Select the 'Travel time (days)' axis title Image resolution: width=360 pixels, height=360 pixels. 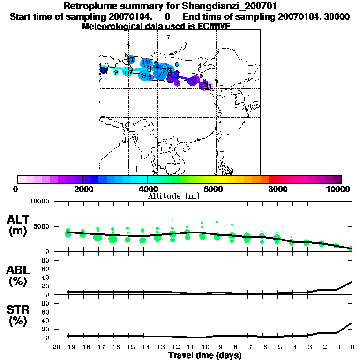(x=205, y=355)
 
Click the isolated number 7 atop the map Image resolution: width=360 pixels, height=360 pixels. (x=168, y=37)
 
